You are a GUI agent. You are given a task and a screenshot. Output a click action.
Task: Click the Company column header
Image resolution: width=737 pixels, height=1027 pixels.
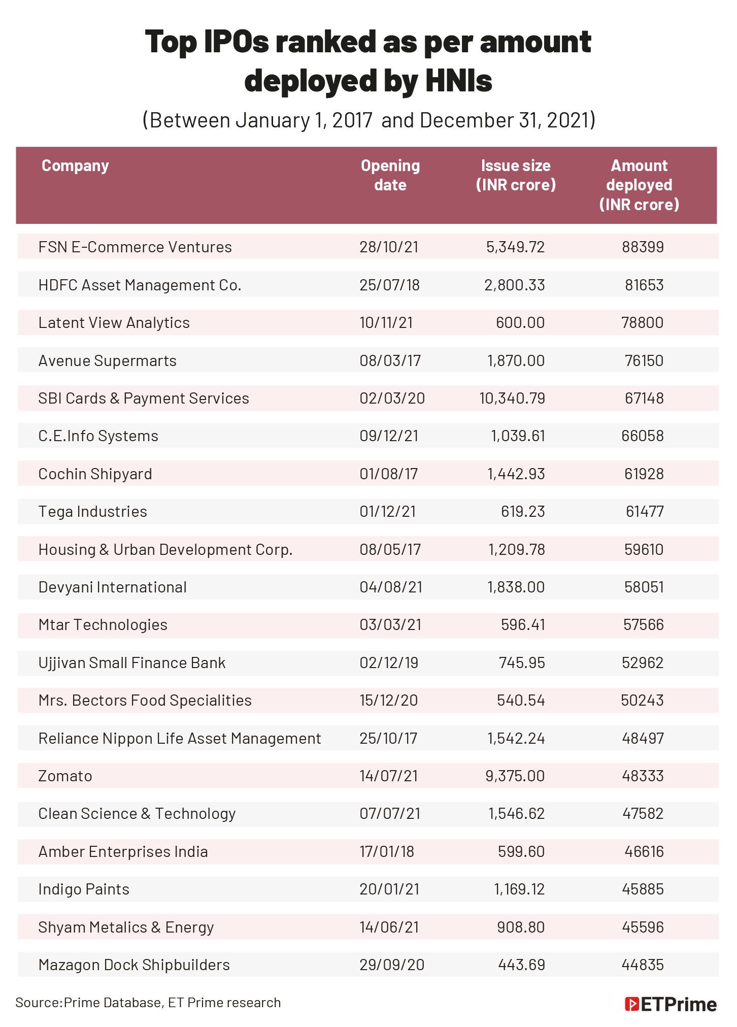click(x=75, y=166)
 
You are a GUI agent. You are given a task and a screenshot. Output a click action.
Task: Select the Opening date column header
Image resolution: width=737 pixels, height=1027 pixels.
click(x=390, y=175)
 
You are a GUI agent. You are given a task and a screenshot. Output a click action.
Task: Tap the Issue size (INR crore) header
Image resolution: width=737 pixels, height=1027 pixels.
click(x=516, y=175)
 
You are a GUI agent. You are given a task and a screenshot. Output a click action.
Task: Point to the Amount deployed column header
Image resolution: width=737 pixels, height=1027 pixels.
click(x=639, y=185)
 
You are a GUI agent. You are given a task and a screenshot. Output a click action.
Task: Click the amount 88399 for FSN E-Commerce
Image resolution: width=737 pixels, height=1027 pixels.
click(x=643, y=247)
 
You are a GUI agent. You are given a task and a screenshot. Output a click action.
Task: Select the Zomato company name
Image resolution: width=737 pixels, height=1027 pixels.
click(x=65, y=776)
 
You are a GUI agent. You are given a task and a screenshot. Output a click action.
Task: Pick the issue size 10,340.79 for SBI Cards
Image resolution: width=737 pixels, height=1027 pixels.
click(x=512, y=399)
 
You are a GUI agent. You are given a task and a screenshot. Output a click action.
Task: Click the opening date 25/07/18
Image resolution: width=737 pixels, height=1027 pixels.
click(x=389, y=285)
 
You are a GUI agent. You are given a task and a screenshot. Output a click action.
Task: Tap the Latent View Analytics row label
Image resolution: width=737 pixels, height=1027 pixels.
click(x=114, y=323)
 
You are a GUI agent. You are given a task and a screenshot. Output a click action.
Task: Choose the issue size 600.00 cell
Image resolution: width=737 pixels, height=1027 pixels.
click(x=520, y=323)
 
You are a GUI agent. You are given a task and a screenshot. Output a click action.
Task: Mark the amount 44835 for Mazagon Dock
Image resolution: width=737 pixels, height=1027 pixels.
click(x=643, y=965)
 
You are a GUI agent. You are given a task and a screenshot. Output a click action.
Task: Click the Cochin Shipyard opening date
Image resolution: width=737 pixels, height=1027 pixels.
click(x=388, y=474)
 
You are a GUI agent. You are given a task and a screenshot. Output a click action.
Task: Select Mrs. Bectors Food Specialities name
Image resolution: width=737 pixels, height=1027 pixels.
click(x=145, y=701)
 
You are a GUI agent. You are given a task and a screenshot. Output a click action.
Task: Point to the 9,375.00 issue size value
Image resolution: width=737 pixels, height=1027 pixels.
click(x=515, y=776)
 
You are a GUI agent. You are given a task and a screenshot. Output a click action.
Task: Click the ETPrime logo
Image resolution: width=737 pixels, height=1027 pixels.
click(x=671, y=1005)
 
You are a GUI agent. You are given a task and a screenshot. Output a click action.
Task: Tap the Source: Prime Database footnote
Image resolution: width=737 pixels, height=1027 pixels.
click(x=148, y=1003)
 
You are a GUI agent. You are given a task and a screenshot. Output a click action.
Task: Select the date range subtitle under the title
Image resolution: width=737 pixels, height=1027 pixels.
click(x=368, y=121)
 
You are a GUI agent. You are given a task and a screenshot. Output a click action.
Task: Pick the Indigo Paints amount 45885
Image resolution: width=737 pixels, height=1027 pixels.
click(x=643, y=889)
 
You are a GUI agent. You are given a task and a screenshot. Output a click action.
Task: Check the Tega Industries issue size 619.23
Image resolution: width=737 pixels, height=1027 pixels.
click(x=523, y=512)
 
